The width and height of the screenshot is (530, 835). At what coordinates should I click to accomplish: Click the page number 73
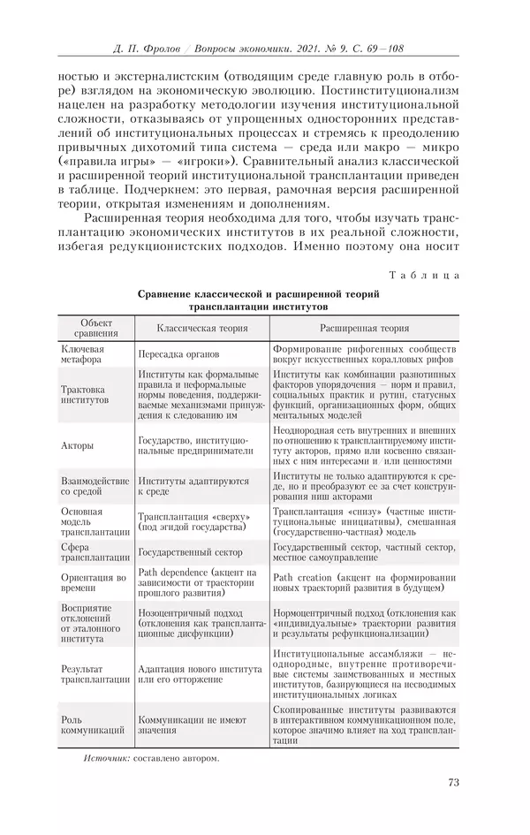pyautogui.click(x=453, y=781)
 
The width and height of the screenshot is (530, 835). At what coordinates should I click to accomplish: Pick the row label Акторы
pyautogui.click(x=77, y=445)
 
